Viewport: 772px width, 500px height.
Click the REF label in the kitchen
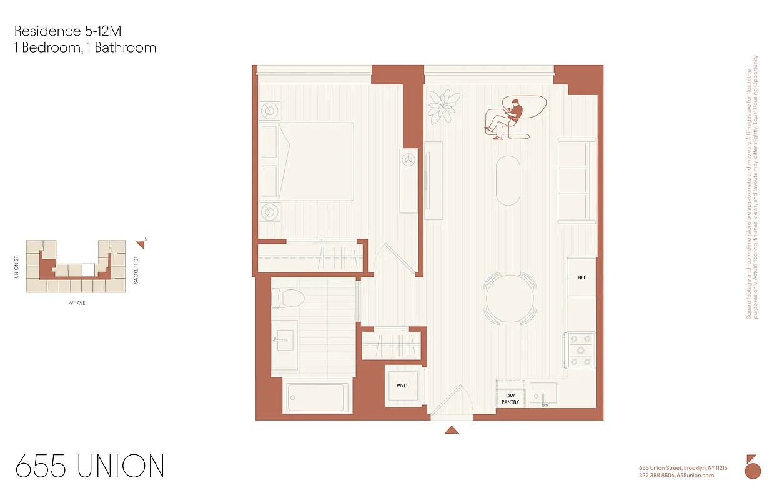click(x=581, y=277)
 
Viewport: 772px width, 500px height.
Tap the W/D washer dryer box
click(x=402, y=386)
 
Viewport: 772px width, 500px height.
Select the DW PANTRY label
click(x=510, y=399)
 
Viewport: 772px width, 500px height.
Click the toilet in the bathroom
click(x=292, y=297)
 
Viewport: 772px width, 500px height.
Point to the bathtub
click(x=316, y=397)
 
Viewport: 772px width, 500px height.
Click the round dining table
click(x=510, y=298)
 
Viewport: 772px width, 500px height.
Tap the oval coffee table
click(x=507, y=180)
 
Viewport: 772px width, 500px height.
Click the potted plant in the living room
click(x=444, y=106)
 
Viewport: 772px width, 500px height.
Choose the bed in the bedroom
click(x=315, y=161)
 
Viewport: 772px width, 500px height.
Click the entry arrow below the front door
click(x=452, y=430)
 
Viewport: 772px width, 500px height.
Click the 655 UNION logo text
click(x=89, y=466)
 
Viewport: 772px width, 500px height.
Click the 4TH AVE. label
click(x=77, y=302)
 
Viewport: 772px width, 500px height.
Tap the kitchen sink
click(x=542, y=394)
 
